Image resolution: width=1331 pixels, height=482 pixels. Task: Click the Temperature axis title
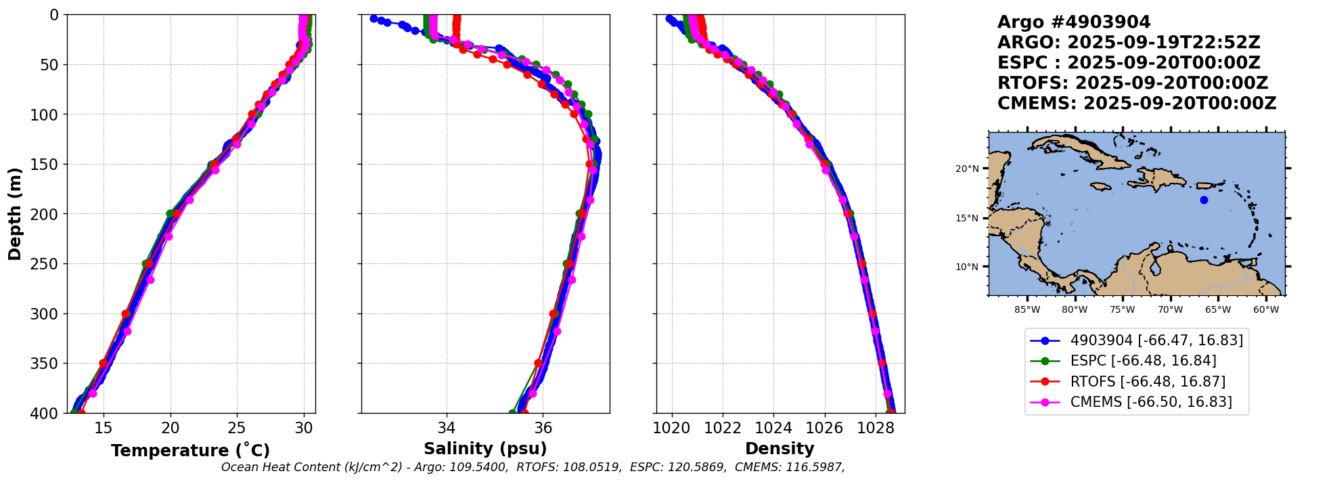click(190, 450)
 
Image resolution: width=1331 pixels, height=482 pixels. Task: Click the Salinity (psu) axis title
click(485, 449)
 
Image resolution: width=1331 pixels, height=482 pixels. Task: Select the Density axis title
click(780, 449)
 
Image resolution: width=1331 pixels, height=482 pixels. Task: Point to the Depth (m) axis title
click(15, 213)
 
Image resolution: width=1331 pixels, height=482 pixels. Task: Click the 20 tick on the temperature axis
click(171, 428)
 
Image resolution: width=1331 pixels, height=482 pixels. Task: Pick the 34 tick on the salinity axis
click(446, 428)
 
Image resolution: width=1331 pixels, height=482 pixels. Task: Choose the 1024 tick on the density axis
click(773, 428)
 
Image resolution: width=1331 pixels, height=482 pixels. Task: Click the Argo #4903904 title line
click(1073, 22)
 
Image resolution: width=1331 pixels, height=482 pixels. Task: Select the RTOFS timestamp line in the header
click(1132, 83)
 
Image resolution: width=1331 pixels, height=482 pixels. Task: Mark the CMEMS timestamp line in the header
click(1136, 104)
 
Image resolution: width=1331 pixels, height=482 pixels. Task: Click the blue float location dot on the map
click(1204, 200)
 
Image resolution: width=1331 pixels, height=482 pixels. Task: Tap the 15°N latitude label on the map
click(967, 218)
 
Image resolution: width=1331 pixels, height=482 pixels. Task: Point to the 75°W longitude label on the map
click(1123, 310)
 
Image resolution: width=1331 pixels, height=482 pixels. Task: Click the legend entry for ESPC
click(1143, 361)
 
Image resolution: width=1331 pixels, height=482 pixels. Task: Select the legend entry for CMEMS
click(1150, 402)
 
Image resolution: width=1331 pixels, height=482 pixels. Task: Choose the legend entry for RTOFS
click(1148, 382)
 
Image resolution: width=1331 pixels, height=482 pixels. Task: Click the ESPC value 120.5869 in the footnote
click(696, 467)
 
